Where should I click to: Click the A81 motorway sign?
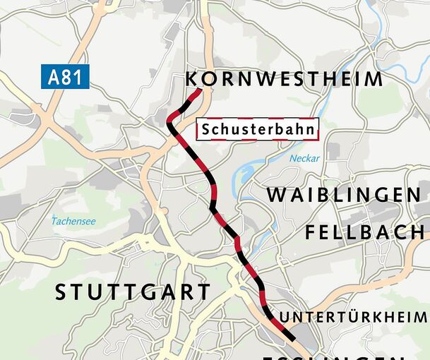[x=64, y=77]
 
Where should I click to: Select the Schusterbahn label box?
[x=258, y=130]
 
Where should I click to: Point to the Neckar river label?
[x=304, y=159]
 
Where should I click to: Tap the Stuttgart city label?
[x=132, y=292]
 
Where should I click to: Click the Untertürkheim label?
[x=354, y=316]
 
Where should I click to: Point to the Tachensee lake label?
[x=73, y=222]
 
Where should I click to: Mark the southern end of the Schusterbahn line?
[x=292, y=340]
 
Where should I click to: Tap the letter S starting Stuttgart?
[x=61, y=292]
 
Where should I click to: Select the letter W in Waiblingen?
[x=277, y=195]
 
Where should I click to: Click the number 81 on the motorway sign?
[x=73, y=77]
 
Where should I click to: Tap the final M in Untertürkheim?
[x=420, y=316]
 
